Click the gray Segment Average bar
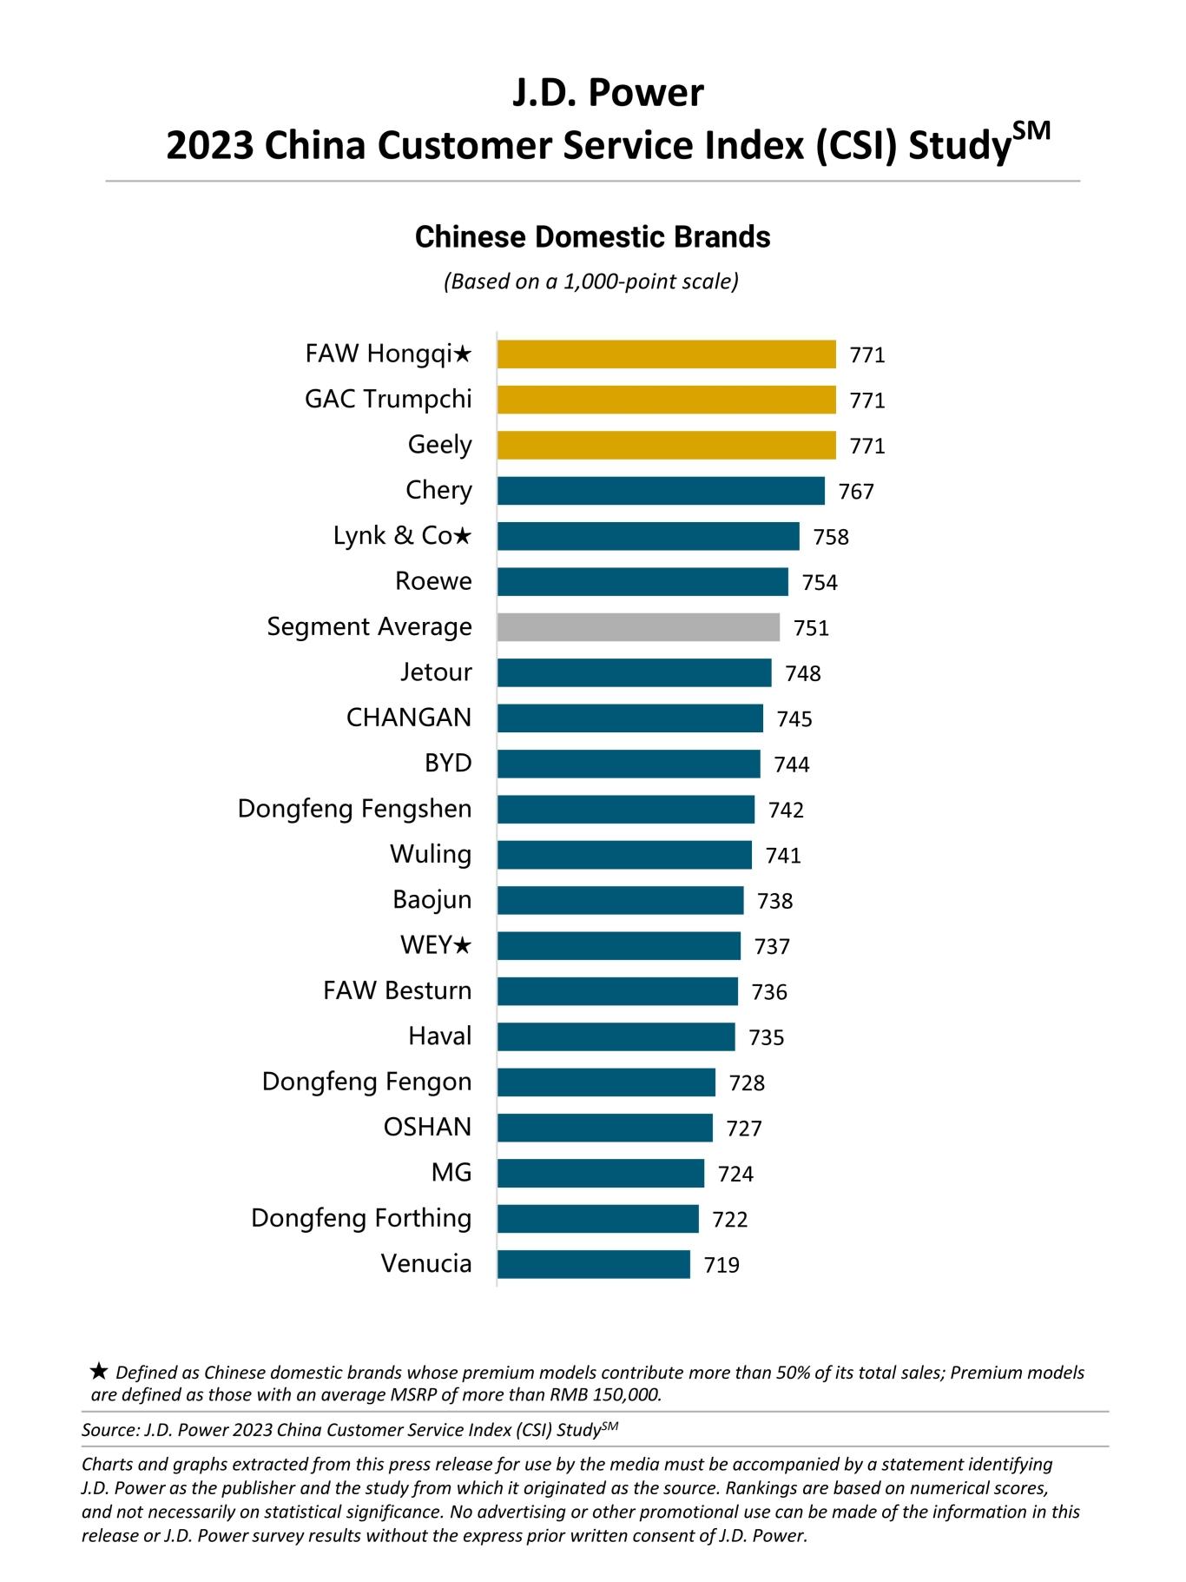[x=638, y=626]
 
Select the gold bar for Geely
[x=666, y=445]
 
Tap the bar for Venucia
[x=593, y=1264]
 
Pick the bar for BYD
[x=629, y=764]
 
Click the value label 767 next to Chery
[x=856, y=492]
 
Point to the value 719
[x=721, y=1265]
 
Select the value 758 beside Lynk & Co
[x=831, y=537]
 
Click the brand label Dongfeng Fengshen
[x=354, y=809]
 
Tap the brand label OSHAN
[x=427, y=1127]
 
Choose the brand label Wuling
[x=431, y=854]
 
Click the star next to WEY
[x=463, y=945]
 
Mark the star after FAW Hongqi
[x=463, y=354]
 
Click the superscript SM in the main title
[x=1031, y=131]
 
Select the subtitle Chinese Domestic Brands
[x=592, y=237]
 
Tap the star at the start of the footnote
[x=99, y=1371]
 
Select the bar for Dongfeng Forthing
[x=597, y=1218]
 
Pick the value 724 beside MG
[x=735, y=1174]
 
